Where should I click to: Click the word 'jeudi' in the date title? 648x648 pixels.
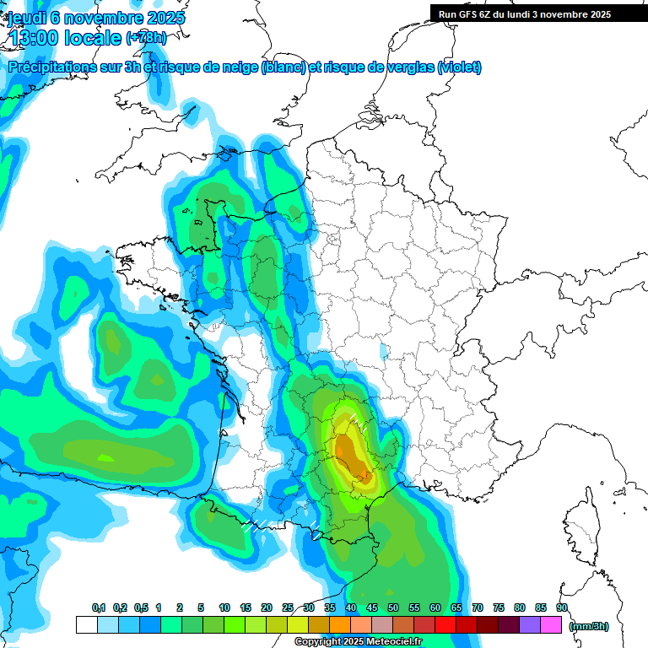tap(30, 17)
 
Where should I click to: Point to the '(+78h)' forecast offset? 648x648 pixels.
tap(146, 38)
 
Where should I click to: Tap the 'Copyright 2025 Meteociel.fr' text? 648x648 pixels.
tap(359, 642)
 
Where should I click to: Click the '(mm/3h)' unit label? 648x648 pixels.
tap(588, 626)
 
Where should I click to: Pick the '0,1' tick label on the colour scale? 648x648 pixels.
tap(99, 608)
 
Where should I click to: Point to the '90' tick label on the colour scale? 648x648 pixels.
tap(562, 608)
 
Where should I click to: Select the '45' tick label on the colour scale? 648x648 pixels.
tap(372, 608)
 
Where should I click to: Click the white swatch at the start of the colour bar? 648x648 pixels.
tap(86, 625)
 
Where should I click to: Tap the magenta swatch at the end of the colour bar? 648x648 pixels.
tap(551, 625)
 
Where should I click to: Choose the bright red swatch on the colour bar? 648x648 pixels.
tap(445, 625)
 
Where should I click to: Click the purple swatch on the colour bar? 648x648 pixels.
tap(530, 625)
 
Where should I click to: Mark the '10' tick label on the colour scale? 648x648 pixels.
tap(224, 608)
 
